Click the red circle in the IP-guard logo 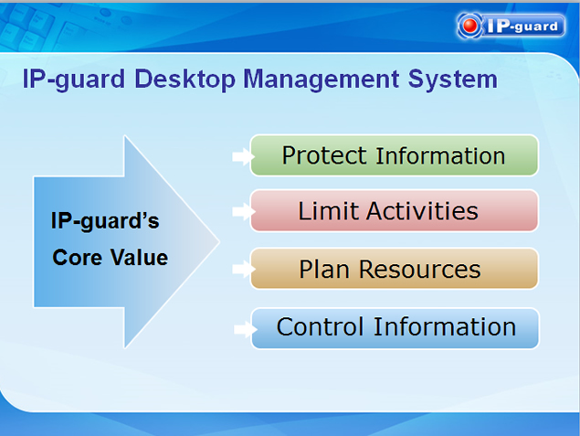pos(469,26)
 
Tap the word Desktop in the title pos(185,80)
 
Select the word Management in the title pos(322,80)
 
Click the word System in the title pos(452,80)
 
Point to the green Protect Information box pos(395,155)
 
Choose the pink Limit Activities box pos(395,210)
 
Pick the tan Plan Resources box pos(395,269)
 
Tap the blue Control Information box pos(395,328)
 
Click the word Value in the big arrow pos(140,257)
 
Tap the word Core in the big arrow pos(77,257)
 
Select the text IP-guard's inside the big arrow pos(105,221)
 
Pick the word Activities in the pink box pos(422,210)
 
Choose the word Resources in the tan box pos(420,269)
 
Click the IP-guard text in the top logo pos(522,26)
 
